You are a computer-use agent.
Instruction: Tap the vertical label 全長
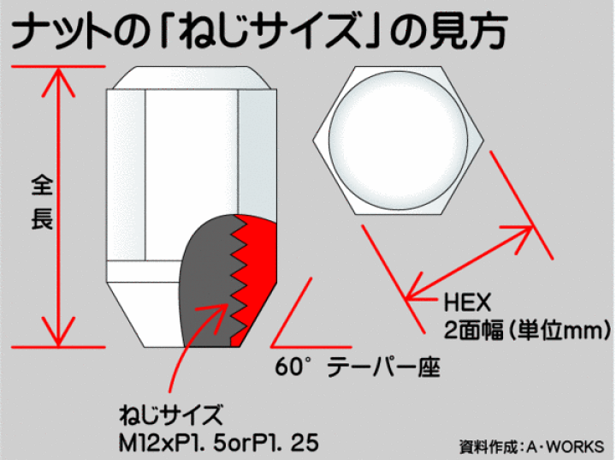click(x=42, y=202)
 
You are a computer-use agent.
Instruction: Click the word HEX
click(x=466, y=303)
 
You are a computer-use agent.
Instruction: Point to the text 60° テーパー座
click(x=358, y=368)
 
